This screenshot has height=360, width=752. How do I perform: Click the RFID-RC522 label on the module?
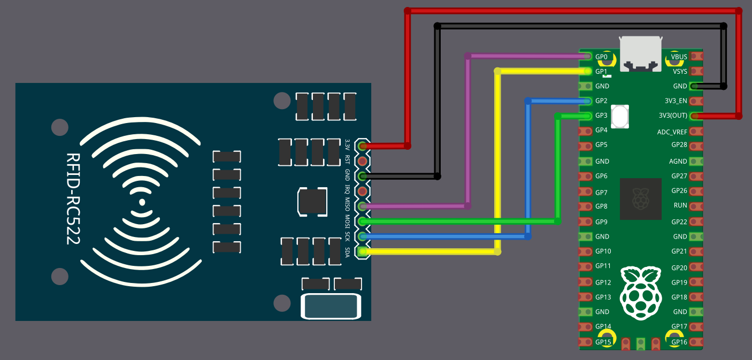73,199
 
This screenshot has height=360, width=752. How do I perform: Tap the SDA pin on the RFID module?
363,251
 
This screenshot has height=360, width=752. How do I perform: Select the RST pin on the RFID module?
363,160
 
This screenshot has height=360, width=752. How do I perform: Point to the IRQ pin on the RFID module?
363,191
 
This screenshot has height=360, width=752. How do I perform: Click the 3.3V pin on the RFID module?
363,145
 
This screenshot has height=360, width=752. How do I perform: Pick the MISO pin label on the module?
348,206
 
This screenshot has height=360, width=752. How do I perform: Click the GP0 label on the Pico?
602,57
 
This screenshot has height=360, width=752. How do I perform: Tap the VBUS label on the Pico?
679,57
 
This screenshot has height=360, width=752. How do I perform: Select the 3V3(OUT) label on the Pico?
673,116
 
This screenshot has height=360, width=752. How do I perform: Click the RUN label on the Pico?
680,205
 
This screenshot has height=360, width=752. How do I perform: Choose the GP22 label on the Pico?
679,221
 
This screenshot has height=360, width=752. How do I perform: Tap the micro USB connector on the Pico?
640,53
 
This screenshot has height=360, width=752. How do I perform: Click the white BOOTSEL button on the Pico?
620,117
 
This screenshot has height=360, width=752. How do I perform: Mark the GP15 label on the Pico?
603,342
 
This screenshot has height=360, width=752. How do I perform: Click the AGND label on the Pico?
678,161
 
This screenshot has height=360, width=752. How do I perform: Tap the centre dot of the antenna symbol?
142,202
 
